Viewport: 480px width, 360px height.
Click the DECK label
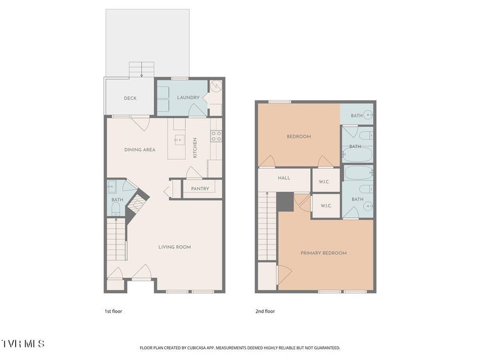click(130, 98)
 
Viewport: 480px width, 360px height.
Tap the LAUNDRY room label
click(189, 97)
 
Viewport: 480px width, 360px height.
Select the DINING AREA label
click(140, 150)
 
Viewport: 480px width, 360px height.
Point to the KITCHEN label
click(195, 148)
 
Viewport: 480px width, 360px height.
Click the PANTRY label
click(200, 189)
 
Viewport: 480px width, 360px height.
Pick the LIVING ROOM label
click(174, 247)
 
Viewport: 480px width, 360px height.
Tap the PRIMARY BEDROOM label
click(324, 253)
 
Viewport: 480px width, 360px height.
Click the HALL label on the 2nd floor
click(284, 178)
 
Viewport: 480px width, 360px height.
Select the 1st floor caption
click(113, 311)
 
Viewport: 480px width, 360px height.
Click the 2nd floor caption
click(265, 311)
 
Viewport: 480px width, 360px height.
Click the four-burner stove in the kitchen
click(216, 136)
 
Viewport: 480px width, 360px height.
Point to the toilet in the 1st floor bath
click(116, 209)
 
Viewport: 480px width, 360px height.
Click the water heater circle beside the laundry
click(216, 85)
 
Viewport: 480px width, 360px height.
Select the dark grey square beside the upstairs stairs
click(285, 202)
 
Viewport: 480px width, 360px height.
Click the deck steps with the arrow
click(141, 70)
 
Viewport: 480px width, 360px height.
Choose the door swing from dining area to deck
click(141, 123)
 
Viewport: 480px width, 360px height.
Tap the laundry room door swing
click(197, 110)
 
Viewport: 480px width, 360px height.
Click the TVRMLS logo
click(23, 344)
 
